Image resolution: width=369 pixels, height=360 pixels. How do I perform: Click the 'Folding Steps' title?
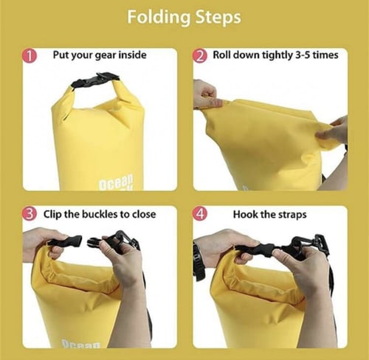[x=184, y=17]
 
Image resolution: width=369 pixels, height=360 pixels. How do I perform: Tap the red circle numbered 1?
[x=29, y=56]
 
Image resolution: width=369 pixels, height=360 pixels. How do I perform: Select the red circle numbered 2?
[x=200, y=56]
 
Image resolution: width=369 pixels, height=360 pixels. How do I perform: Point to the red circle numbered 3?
[x=29, y=214]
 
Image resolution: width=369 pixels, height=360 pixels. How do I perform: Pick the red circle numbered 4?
[x=200, y=214]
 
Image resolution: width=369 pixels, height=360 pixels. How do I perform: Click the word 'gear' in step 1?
[x=106, y=55]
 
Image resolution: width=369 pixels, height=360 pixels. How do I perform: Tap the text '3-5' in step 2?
[x=303, y=55]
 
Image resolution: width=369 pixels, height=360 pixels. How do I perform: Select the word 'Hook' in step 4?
[x=245, y=214]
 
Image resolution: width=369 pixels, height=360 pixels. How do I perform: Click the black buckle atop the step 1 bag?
[x=95, y=80]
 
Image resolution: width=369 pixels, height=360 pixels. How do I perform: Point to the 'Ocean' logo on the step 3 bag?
[x=81, y=344]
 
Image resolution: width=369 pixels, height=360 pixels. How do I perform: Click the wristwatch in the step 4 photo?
[x=199, y=262]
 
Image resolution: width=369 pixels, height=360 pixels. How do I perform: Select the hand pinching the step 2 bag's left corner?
[x=206, y=95]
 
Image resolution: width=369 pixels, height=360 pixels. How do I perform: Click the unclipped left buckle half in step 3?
[x=65, y=242]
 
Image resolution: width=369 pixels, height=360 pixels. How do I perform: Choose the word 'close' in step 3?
[x=144, y=214]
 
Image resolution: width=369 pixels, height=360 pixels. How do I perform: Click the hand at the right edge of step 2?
[x=334, y=131]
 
